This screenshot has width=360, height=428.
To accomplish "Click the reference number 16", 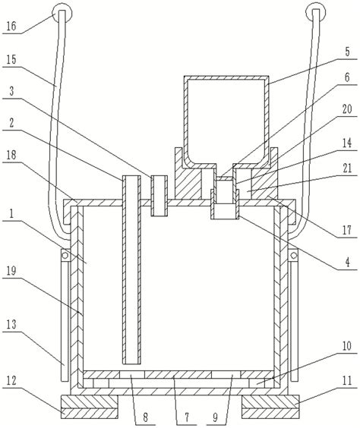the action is pyautogui.click(x=11, y=26).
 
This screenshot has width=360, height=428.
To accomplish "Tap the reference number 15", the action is pyautogui.click(x=11, y=59).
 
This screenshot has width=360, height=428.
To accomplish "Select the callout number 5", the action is pyautogui.click(x=347, y=52).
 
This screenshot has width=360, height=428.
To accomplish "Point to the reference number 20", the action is pyautogui.click(x=347, y=109).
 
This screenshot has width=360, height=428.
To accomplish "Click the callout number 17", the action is pyautogui.click(x=347, y=230).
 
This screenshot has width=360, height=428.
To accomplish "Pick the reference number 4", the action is pyautogui.click(x=347, y=263).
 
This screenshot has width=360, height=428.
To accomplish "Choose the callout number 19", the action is pyautogui.click(x=11, y=271).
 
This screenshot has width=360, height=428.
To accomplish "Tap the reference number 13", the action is pyautogui.click(x=11, y=324).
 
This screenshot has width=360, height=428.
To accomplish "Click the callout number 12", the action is pyautogui.click(x=11, y=380).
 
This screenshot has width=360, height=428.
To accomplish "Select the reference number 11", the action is pyautogui.click(x=347, y=380).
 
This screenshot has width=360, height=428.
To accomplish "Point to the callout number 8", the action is pyautogui.click(x=145, y=417).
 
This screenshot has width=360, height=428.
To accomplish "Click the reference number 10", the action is pyautogui.click(x=347, y=346).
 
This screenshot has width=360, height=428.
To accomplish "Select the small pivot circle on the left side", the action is pyautogui.click(x=65, y=255).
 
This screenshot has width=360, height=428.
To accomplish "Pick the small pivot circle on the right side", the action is pyautogui.click(x=294, y=256).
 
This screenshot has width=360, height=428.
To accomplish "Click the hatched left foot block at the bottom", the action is pyautogui.click(x=90, y=407).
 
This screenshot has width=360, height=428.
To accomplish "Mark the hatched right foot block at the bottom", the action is pyautogui.click(x=270, y=407).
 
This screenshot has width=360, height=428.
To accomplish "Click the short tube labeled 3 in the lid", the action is pyautogui.click(x=159, y=196).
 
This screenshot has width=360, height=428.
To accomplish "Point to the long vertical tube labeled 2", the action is pyautogui.click(x=131, y=269).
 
